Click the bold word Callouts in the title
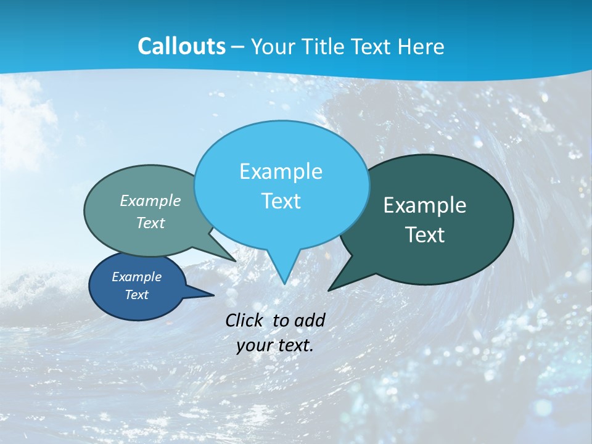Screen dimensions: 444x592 click(x=181, y=46)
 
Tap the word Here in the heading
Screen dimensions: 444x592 click(x=421, y=46)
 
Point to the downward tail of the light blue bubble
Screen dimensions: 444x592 click(x=283, y=268)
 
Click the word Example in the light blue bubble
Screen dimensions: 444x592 click(x=281, y=171)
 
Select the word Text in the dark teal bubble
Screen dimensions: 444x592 click(x=425, y=235)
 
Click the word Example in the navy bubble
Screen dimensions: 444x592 click(x=136, y=277)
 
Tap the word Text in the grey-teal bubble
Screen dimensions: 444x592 click(x=150, y=223)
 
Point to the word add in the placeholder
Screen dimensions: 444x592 click(x=309, y=320)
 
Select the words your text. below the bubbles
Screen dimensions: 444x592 click(x=275, y=345)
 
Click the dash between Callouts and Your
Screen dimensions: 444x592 click(x=238, y=47)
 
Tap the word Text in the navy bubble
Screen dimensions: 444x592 click(x=136, y=295)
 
